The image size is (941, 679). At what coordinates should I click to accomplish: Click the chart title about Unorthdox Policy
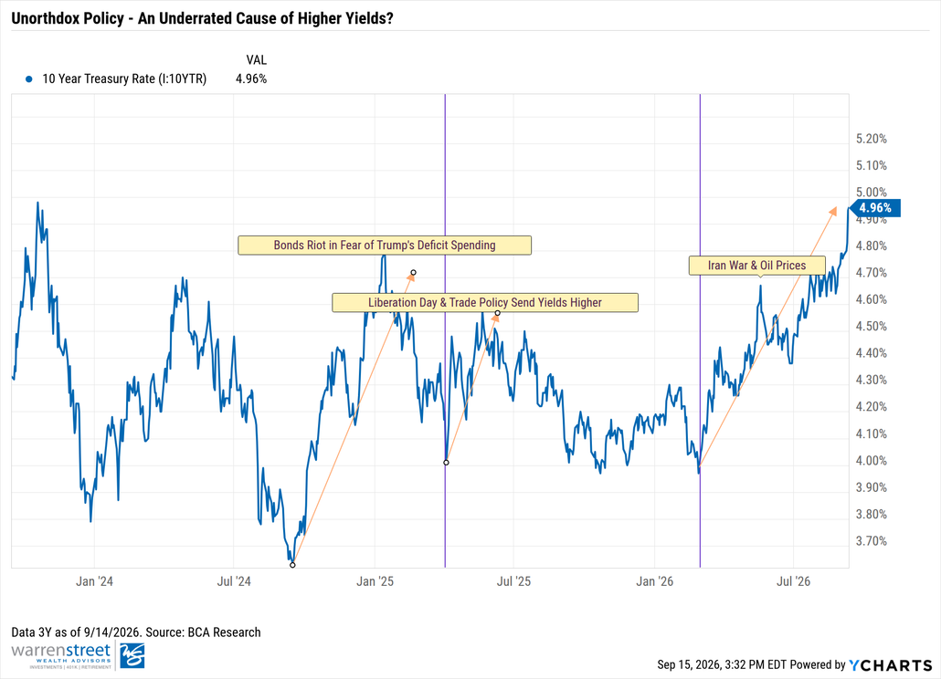(x=202, y=18)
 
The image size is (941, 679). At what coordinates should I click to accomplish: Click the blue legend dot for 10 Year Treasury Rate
(x=29, y=78)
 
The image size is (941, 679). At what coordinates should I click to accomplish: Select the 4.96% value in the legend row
(x=251, y=78)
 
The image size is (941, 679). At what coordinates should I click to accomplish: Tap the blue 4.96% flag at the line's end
(x=874, y=208)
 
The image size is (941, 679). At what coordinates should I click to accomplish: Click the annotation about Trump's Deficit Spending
(x=385, y=245)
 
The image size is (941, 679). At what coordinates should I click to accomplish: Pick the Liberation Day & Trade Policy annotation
(x=485, y=303)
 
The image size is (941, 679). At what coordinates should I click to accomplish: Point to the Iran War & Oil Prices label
(x=756, y=266)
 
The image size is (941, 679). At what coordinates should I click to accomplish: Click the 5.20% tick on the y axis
(x=872, y=139)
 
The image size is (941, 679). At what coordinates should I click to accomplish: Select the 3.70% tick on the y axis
(x=872, y=541)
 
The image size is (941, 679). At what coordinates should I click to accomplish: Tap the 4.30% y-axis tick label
(x=872, y=380)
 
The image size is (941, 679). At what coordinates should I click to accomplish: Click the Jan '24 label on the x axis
(x=94, y=581)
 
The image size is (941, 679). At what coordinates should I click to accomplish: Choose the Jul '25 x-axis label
(x=513, y=581)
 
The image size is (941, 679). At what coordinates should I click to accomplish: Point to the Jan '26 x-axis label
(x=655, y=581)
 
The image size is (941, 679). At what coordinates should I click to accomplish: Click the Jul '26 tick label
(x=793, y=581)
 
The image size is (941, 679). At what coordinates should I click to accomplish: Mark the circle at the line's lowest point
(x=292, y=565)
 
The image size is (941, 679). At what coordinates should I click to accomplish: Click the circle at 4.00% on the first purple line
(x=446, y=463)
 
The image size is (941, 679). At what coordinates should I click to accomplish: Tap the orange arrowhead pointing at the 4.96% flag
(x=832, y=211)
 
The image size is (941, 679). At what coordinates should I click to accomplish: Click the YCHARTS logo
(x=891, y=665)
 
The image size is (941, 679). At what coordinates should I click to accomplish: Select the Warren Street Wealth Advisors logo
(x=78, y=655)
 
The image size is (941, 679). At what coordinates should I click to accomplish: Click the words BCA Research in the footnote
(x=225, y=632)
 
